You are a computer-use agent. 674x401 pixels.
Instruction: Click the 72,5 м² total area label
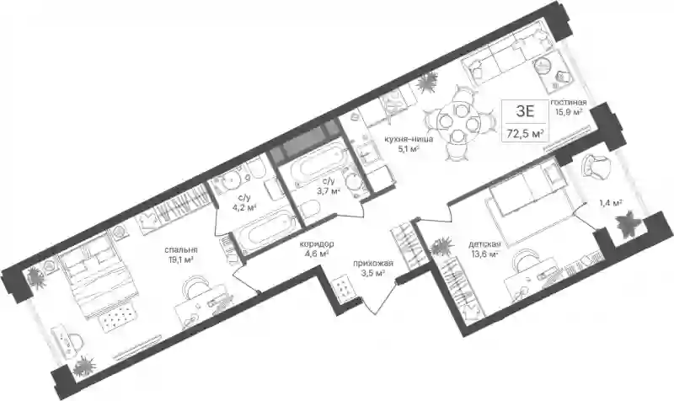[x=526, y=134]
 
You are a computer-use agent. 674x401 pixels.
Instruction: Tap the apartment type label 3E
[x=525, y=112]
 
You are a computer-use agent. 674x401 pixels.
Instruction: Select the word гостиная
[x=569, y=103]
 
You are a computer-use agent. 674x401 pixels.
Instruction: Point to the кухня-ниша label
[x=409, y=139]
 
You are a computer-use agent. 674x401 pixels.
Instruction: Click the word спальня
[x=180, y=249]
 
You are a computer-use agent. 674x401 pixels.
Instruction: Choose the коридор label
[x=318, y=244]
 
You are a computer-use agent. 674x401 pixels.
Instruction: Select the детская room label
[x=485, y=245]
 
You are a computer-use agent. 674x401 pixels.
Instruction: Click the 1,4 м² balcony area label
[x=612, y=203]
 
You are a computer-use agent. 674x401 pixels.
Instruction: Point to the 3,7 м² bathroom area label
[x=329, y=191]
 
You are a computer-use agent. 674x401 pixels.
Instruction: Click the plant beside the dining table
[x=427, y=83]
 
